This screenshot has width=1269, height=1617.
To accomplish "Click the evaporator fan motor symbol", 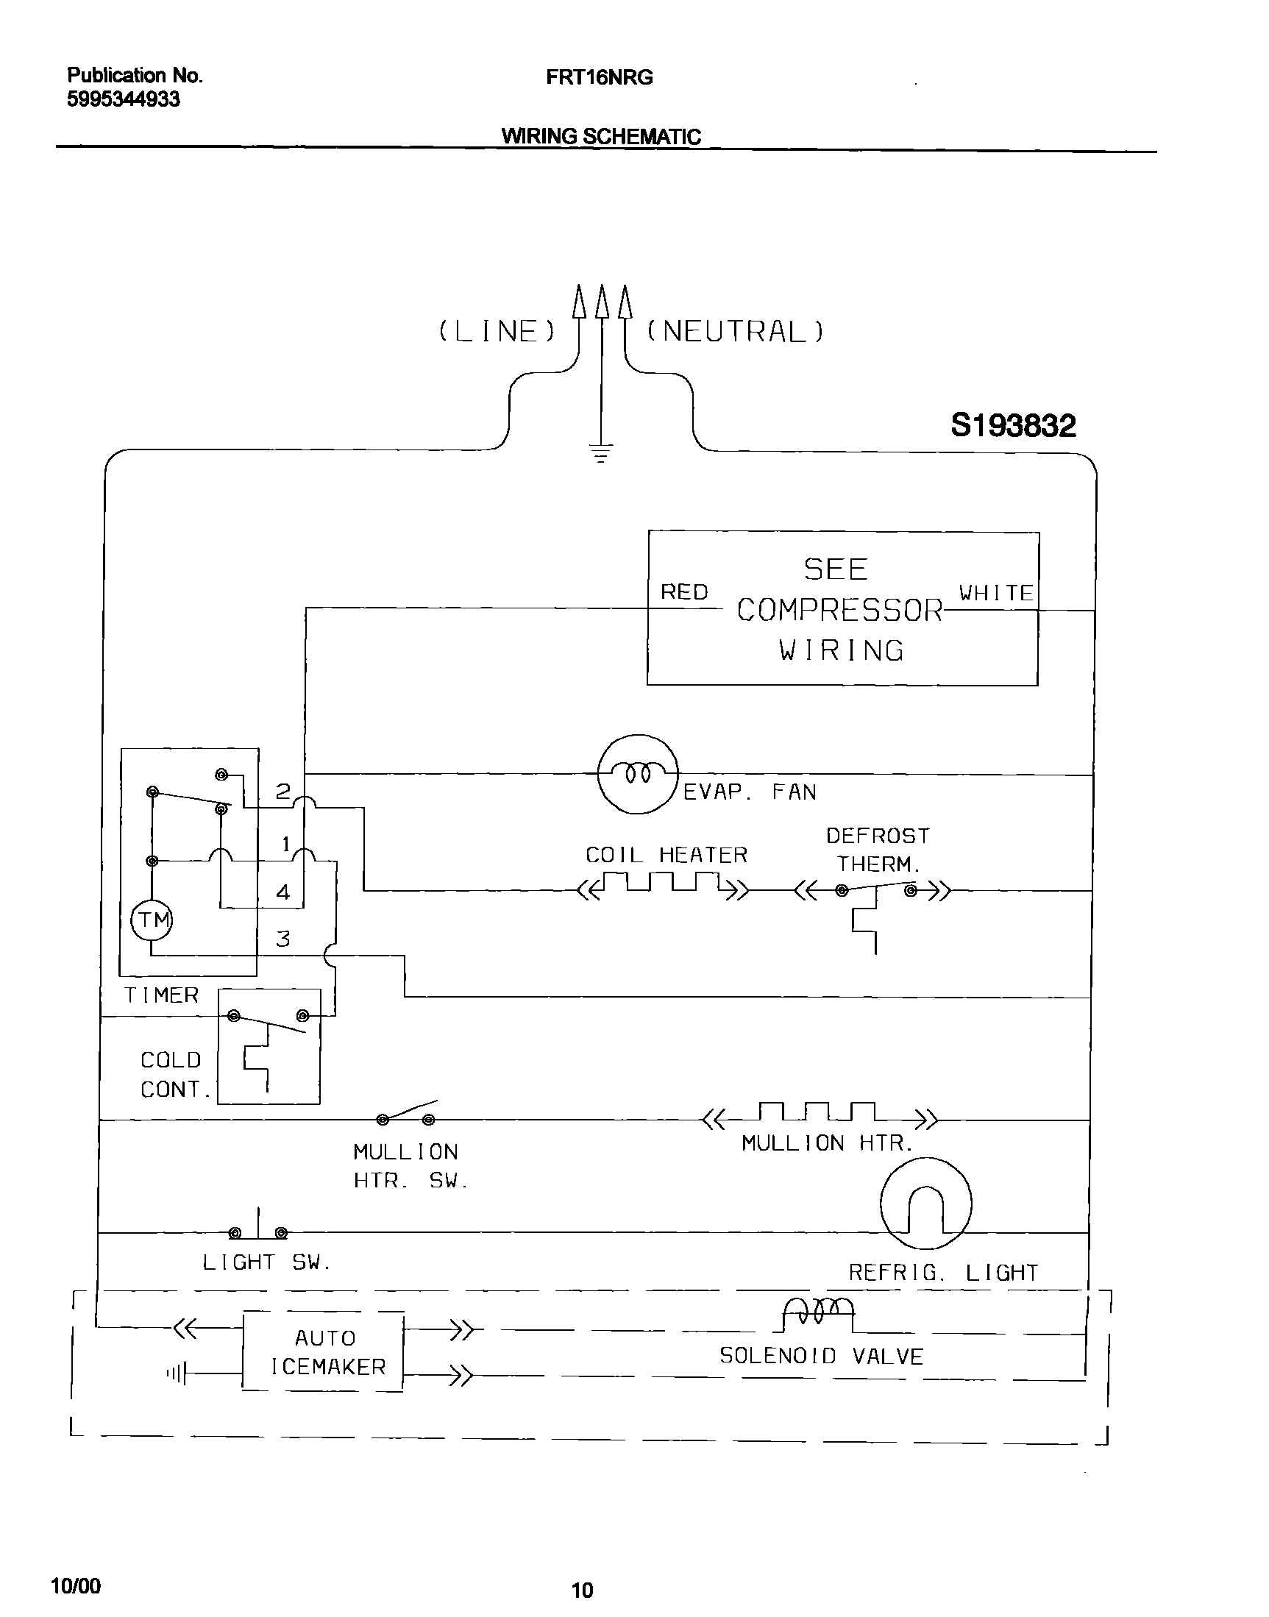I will (638, 774).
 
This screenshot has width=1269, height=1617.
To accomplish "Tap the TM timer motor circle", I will (152, 920).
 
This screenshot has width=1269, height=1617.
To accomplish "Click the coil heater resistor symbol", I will (663, 884).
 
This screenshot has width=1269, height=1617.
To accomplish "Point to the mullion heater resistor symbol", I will (819, 1113).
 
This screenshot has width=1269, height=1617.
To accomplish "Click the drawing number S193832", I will (1013, 426).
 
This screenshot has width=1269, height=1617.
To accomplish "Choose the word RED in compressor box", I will (684, 592).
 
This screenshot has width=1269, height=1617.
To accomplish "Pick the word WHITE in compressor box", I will (995, 593).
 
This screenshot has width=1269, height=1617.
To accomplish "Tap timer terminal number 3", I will (283, 939).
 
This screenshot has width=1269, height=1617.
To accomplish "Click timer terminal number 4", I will (283, 892).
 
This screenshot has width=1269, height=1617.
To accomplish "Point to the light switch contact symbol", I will (257, 1232).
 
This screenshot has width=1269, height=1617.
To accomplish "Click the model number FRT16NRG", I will (599, 77).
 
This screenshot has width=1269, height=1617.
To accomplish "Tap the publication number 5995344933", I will (124, 99).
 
